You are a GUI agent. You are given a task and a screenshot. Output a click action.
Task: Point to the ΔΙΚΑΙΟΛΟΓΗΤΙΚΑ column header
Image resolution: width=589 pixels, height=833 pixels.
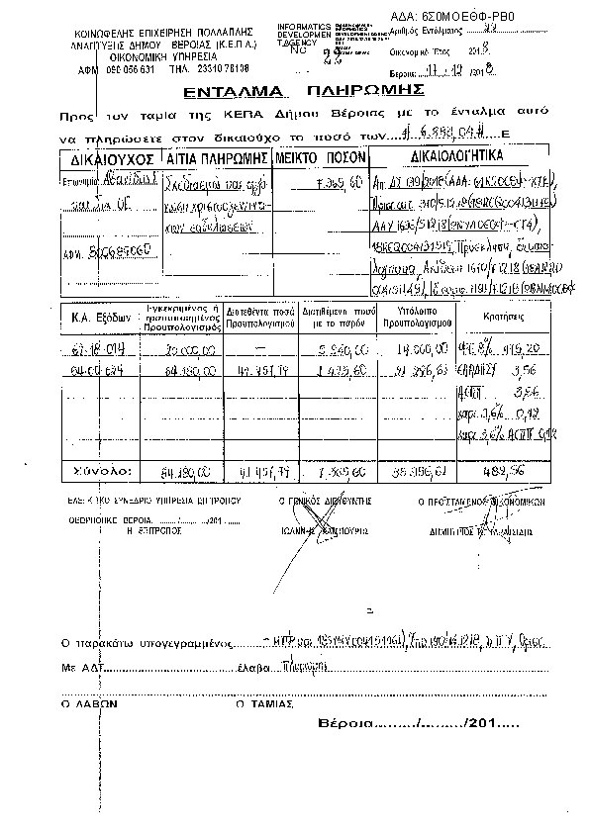point(455,157)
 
